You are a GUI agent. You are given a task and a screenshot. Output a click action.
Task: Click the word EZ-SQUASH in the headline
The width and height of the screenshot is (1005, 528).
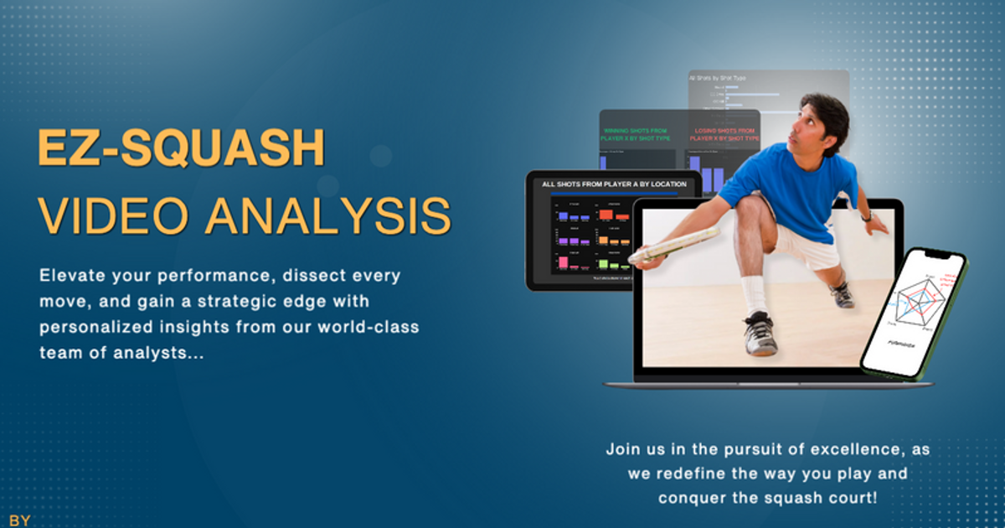click(181, 148)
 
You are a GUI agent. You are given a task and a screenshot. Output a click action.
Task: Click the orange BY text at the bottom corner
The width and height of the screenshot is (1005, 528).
click(19, 520)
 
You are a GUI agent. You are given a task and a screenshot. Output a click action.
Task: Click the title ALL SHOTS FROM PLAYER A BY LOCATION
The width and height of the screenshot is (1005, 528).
click(614, 184)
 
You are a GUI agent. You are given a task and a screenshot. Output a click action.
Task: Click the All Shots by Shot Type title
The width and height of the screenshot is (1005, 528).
click(717, 78)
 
